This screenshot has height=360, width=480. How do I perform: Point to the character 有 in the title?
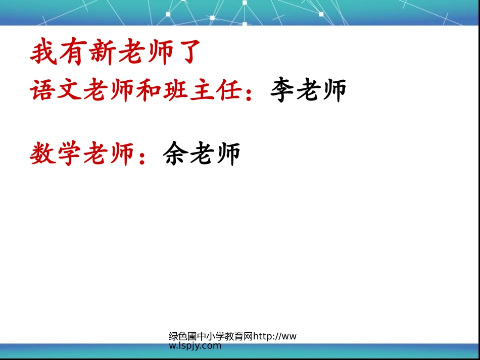tap(74, 53)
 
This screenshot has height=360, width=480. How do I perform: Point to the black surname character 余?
tap(175, 154)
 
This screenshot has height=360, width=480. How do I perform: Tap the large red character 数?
tap(42, 154)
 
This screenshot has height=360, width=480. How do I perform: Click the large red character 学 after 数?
tap(69, 154)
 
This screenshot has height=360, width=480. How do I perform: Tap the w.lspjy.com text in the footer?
tap(195, 346)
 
